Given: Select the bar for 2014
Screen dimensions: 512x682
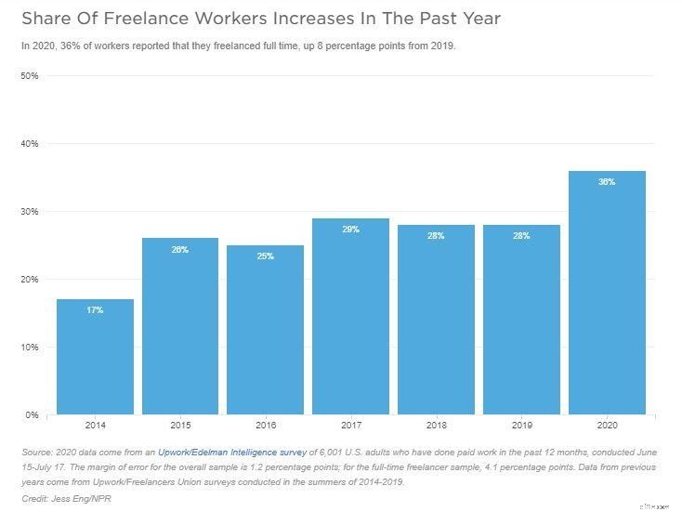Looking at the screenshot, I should point(95,357).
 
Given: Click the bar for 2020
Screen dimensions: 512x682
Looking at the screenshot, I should point(607,293).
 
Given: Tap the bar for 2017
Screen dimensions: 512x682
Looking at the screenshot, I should point(351,316).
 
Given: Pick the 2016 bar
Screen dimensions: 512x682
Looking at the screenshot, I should point(266,330).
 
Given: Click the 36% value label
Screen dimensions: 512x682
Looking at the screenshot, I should point(607,182).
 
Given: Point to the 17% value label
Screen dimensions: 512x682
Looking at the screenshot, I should point(95,310).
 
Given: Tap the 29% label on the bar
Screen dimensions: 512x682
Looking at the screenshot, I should point(351,230).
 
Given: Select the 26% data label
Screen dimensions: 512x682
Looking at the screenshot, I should point(180,250).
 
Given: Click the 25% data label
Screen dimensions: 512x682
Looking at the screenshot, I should point(266,256).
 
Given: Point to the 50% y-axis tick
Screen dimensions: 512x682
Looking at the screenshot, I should point(29,76).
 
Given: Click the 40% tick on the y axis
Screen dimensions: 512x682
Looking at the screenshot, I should point(29,144).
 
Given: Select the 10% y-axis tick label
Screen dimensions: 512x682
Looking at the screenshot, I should point(29,348).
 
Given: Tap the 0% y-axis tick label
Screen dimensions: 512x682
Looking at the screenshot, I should point(32,415).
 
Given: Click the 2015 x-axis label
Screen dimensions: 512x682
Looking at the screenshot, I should point(180,426).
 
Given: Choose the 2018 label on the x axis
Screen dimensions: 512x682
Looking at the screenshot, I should point(437,426).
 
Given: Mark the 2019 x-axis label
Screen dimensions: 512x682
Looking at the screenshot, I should point(521,426).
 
